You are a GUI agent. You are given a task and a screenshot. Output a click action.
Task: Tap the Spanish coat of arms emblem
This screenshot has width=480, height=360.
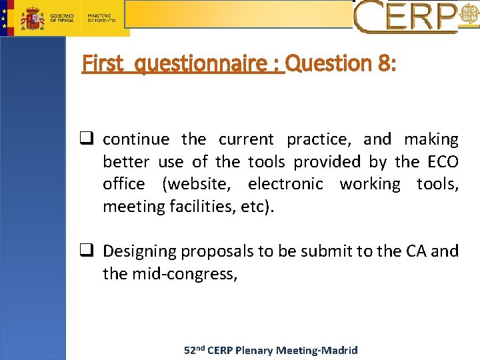pyautogui.click(x=31, y=17)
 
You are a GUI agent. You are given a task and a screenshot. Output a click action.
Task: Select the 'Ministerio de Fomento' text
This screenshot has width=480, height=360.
pyautogui.click(x=101, y=17)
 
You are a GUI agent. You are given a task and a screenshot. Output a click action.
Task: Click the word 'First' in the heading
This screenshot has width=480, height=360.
pyautogui.click(x=103, y=64)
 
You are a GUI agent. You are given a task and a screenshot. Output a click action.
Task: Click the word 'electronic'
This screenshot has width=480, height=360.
pyautogui.click(x=285, y=184)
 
